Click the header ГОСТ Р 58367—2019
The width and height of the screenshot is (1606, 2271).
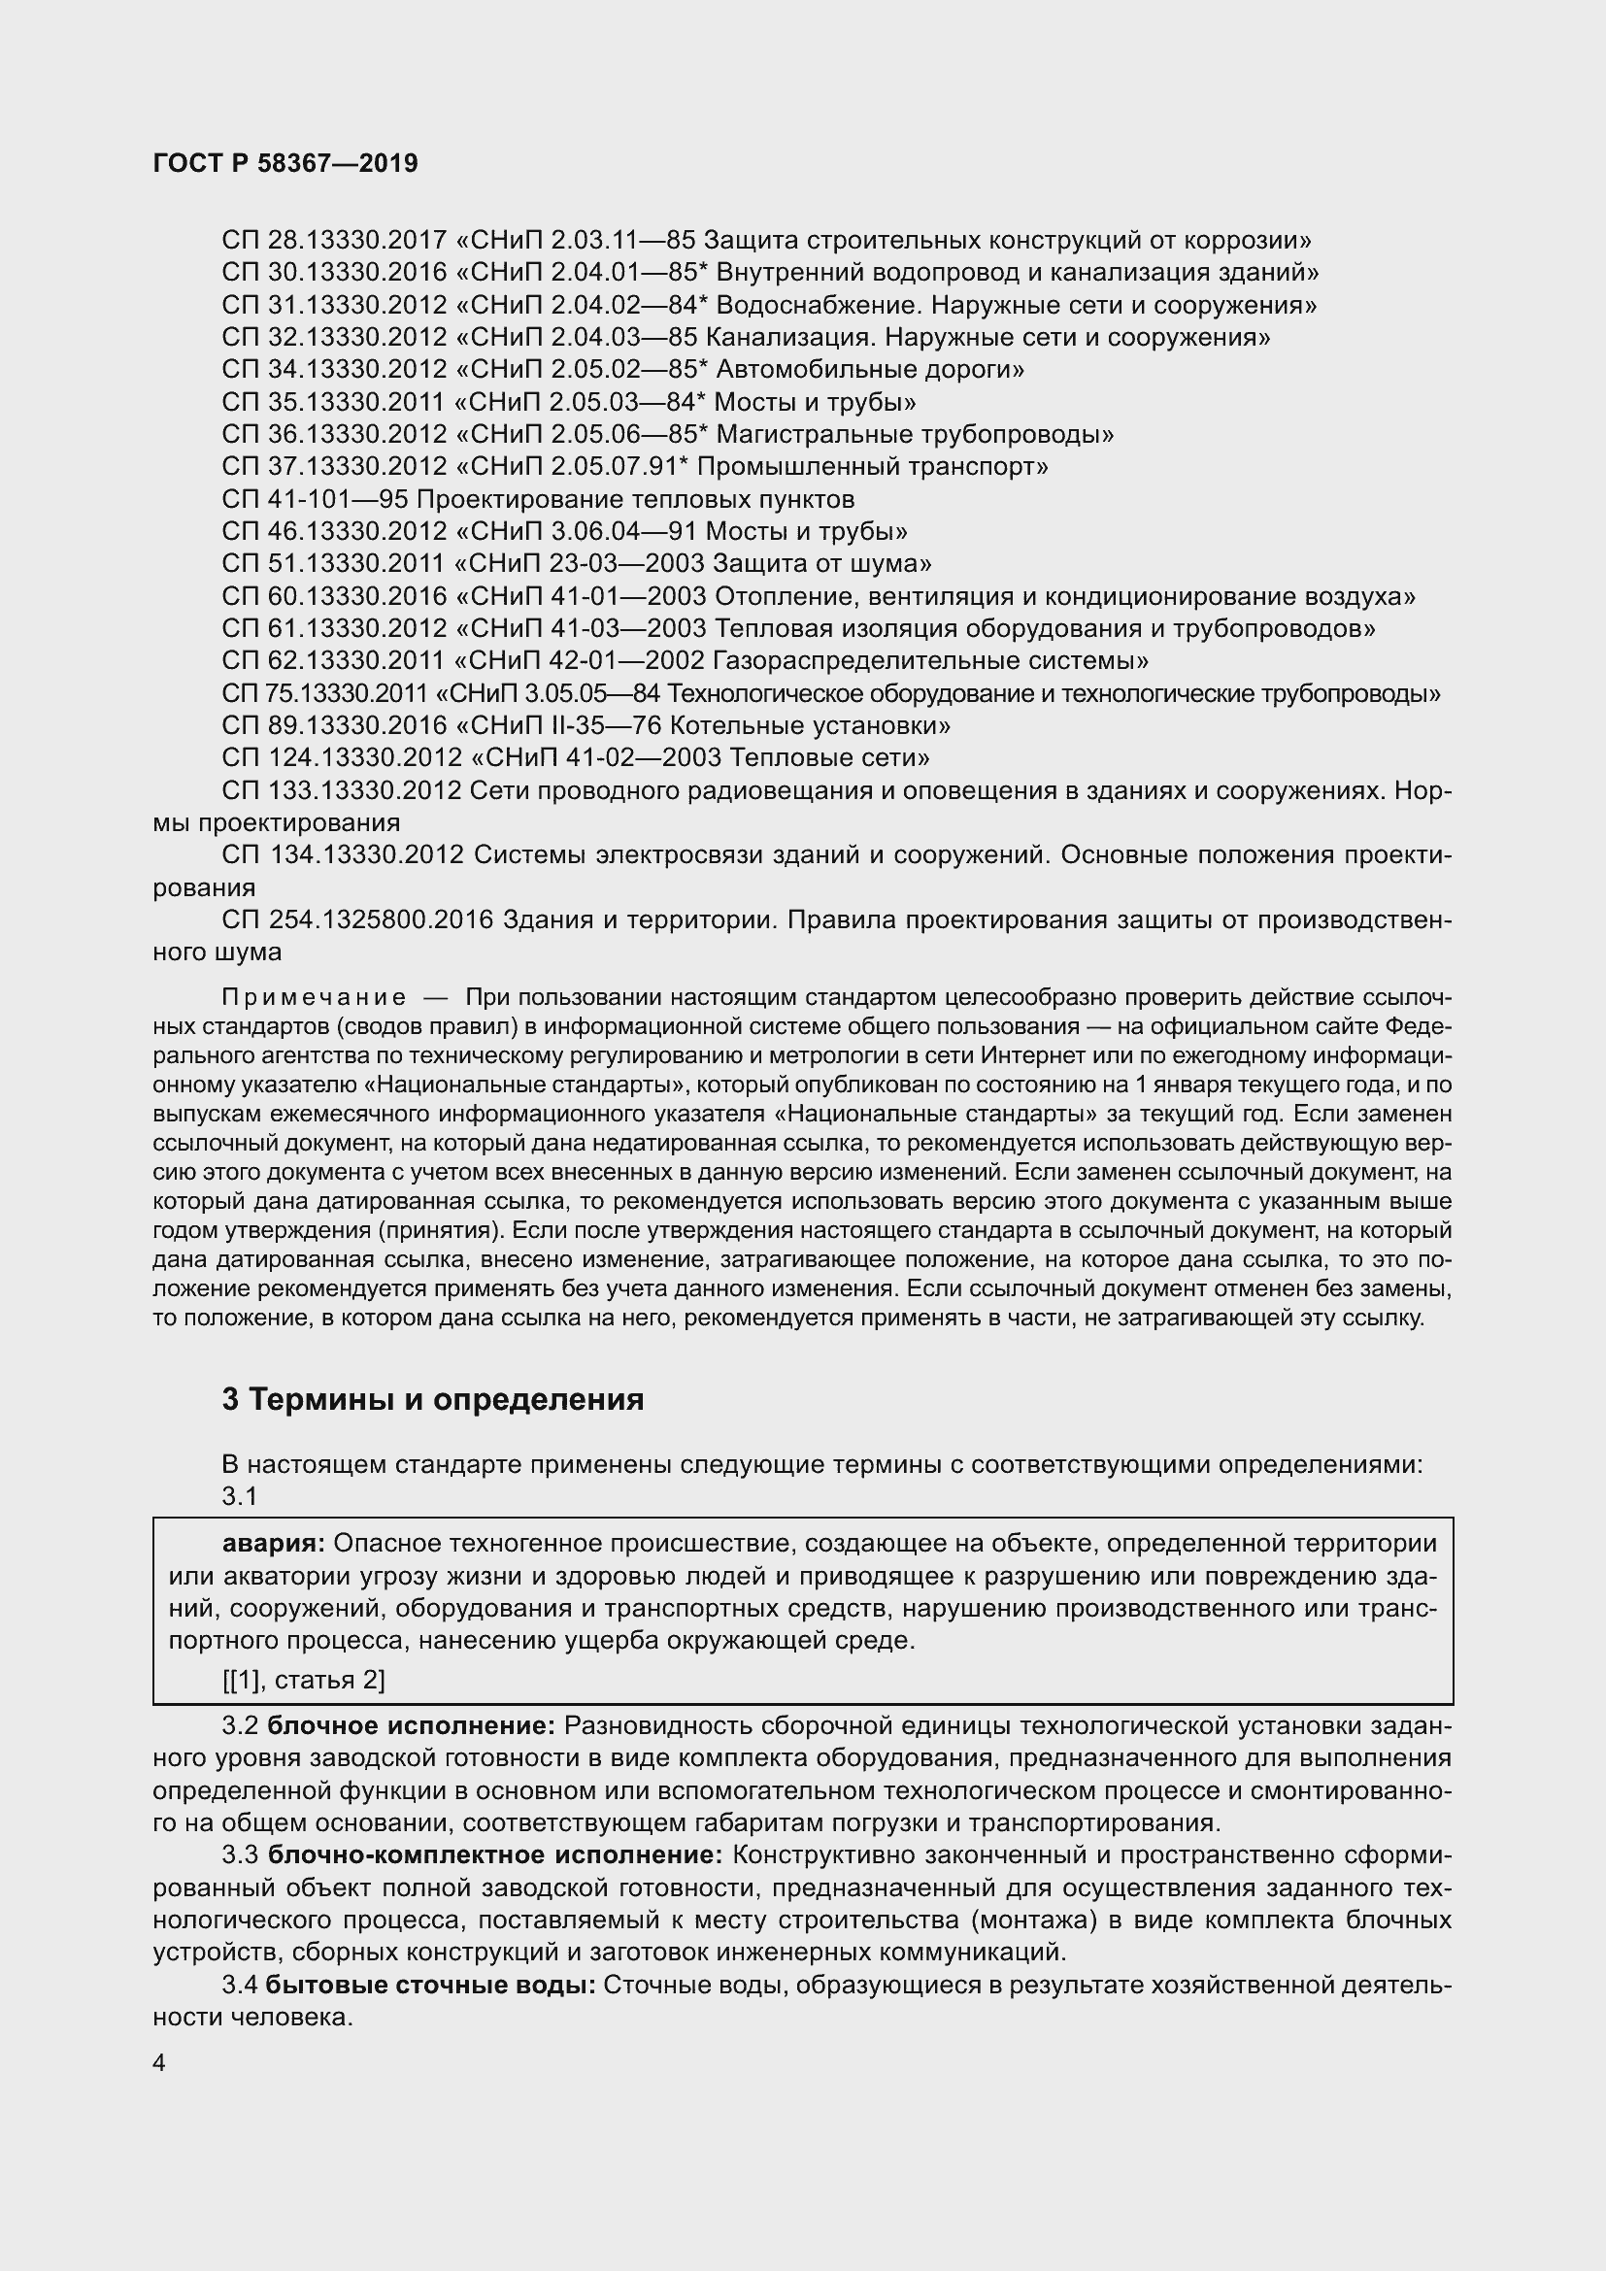tap(285, 163)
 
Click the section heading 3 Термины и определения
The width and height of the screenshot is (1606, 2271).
tap(432, 1400)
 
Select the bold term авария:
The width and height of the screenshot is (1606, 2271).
tap(273, 1543)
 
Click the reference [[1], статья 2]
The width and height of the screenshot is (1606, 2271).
tap(303, 1680)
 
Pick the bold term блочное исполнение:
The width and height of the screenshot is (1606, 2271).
tap(412, 1726)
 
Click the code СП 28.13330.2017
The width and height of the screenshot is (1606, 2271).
tap(334, 241)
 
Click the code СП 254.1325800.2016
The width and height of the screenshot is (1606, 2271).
tap(357, 919)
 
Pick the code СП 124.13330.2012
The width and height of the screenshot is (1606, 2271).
tap(342, 757)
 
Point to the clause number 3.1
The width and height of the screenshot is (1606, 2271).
tap(239, 1496)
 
